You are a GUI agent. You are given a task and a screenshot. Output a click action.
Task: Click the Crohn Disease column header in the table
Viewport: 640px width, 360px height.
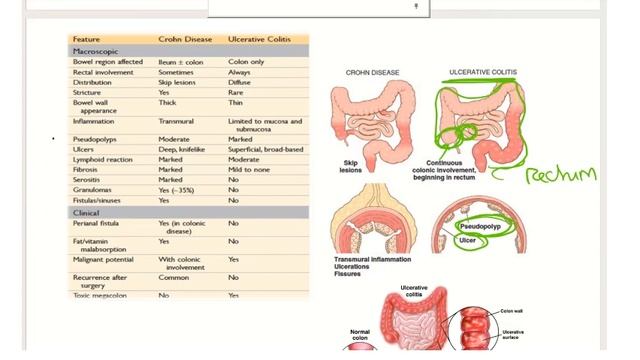[x=185, y=39]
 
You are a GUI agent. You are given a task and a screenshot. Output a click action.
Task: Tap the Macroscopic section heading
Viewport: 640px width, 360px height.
[x=96, y=50]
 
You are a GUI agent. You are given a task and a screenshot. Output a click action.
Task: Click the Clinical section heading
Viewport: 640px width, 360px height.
[x=86, y=213]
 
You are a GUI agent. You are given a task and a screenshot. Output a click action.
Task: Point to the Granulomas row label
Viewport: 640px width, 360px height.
[x=93, y=189]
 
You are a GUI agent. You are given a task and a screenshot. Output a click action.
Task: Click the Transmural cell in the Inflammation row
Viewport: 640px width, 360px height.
[x=176, y=121]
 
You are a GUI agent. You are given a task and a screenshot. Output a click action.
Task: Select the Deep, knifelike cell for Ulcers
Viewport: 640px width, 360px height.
[x=182, y=149]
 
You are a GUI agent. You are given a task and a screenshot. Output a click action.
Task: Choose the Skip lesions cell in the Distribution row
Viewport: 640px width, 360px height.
[x=177, y=82]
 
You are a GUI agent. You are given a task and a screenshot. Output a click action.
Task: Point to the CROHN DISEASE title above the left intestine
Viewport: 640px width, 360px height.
[x=374, y=73]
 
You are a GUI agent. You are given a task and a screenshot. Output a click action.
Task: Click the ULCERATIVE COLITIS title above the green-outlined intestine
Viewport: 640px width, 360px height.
[x=483, y=73]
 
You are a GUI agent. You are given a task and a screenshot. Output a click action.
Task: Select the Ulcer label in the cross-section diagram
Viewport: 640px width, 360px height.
[x=467, y=240]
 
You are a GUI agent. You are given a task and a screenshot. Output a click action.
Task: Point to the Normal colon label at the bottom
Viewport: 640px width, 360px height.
[x=360, y=335]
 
